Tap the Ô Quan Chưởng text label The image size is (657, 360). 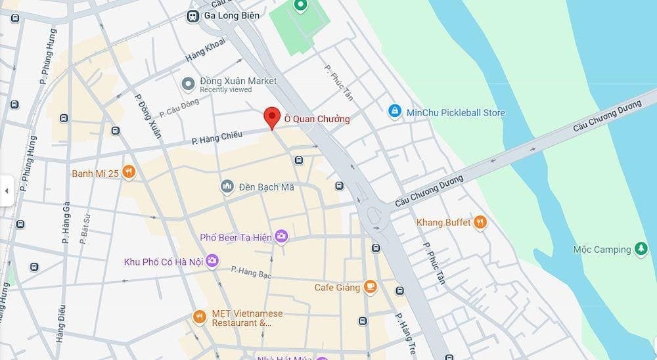pos(317,119)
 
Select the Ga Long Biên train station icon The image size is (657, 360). pos(194,16)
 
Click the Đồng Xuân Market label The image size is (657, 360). pos(238,81)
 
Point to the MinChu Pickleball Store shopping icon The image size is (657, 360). pos(394,112)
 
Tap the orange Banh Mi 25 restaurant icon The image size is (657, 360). pos(128,173)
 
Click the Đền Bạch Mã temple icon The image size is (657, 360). pos(227,187)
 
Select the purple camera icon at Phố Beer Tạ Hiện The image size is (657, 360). pos(281,236)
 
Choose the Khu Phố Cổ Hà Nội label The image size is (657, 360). pos(163,261)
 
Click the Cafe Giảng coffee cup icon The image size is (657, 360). pos(371,286)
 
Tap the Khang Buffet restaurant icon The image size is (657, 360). pos(480,222)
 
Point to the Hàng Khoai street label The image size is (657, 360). pos(205,50)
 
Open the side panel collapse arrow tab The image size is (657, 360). pos(7,191)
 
